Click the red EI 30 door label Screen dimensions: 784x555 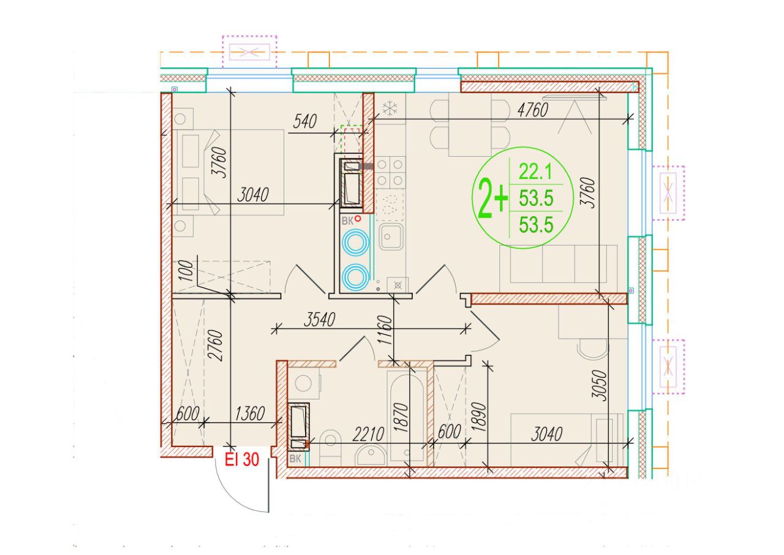coord(241,459)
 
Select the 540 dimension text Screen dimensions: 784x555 coord(304,121)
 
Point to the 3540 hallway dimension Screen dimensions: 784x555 coord(319,320)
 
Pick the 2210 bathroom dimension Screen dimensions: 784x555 coord(368,434)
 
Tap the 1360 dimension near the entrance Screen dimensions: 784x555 coord(250,413)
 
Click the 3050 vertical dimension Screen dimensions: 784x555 coord(598,385)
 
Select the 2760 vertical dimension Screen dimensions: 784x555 coord(214,345)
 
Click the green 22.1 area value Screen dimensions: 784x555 coord(535,172)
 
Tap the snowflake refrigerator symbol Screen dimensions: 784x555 coord(390,109)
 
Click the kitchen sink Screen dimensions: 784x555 coord(391,237)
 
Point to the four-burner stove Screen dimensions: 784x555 coord(390,172)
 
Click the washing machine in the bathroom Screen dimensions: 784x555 coord(304,383)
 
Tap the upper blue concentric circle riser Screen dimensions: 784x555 coord(355,242)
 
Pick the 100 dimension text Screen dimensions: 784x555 coord(187,271)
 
